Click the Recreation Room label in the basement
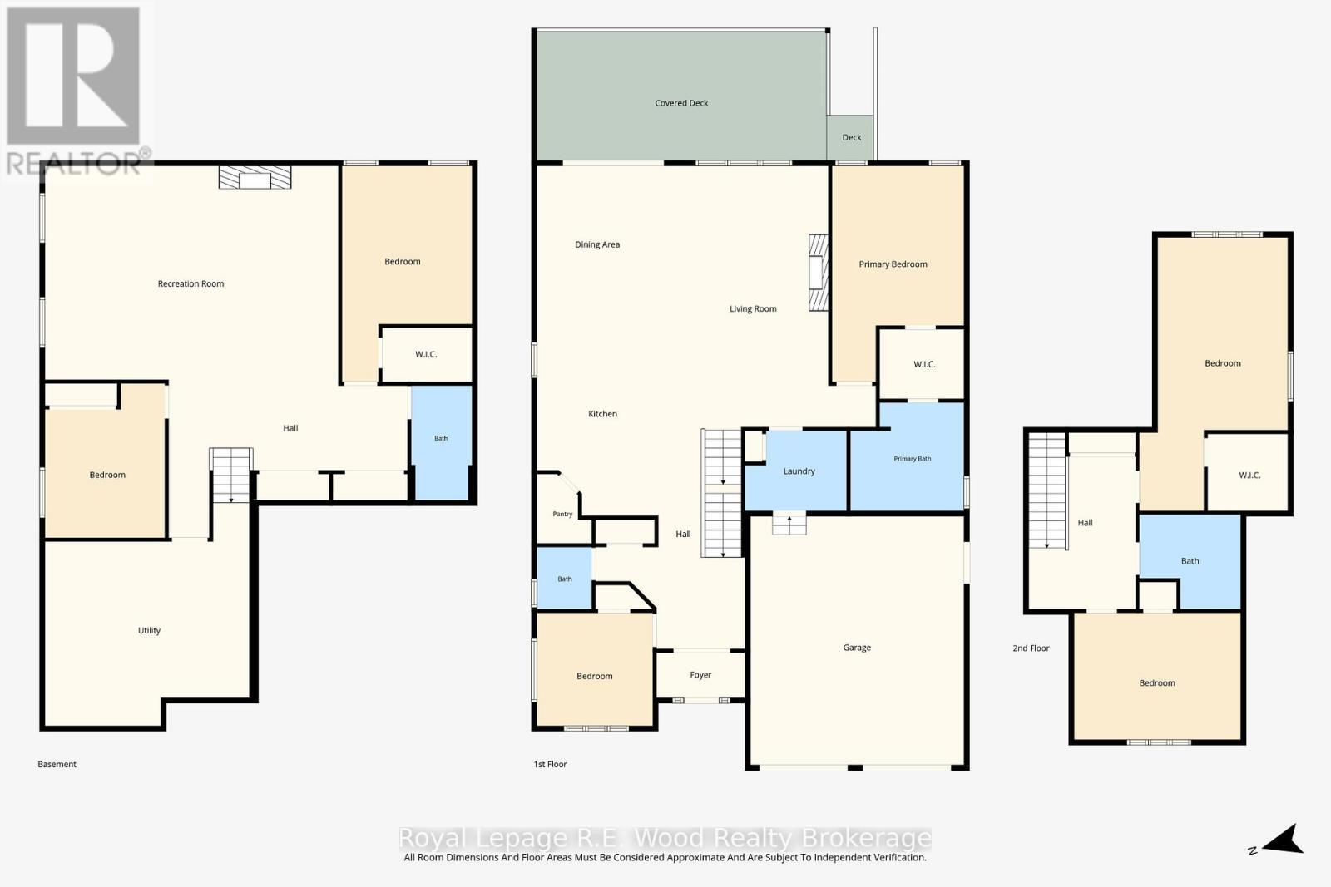coord(190,283)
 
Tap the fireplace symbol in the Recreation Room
coord(255,178)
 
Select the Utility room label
coord(149,630)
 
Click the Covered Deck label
coord(681,103)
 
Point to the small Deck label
coord(852,138)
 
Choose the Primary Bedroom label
coord(893,264)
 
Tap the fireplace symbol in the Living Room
coord(819,273)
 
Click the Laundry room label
coord(799,471)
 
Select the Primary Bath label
coord(912,459)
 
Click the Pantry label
coord(562,514)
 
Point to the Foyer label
coord(700,675)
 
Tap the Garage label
coord(857,648)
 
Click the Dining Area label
coord(597,244)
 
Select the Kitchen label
coord(602,414)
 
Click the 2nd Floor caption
coord(1031,648)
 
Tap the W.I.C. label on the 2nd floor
coord(1249,476)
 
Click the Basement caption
coord(57,765)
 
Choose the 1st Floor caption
coord(550,765)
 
